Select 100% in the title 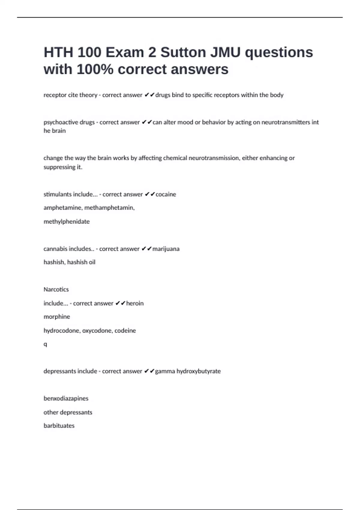(x=95, y=69)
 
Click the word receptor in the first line (x=55, y=95)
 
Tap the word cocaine (x=166, y=194)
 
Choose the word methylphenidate (x=67, y=222)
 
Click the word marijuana (x=166, y=249)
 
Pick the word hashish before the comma (x=54, y=262)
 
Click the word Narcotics (x=56, y=289)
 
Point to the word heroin (x=135, y=303)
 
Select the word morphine (x=57, y=317)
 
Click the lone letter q (x=45, y=344)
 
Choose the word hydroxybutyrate (x=199, y=371)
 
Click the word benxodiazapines (x=66, y=399)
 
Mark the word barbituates (x=59, y=426)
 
